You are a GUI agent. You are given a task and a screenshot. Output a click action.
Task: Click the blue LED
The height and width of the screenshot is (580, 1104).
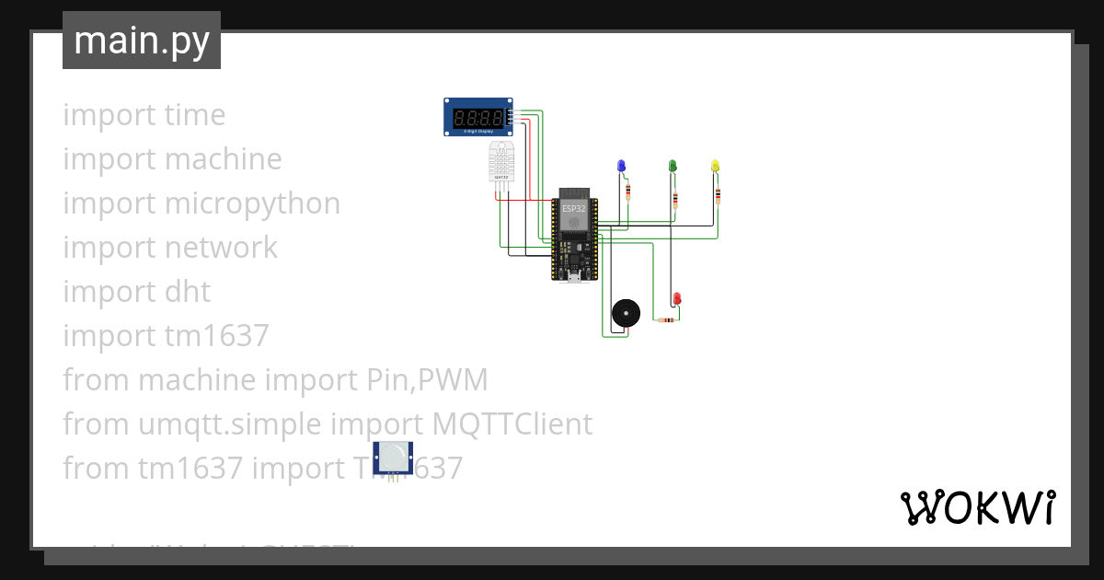[621, 166]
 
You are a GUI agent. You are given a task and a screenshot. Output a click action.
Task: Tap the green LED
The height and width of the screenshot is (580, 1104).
[673, 166]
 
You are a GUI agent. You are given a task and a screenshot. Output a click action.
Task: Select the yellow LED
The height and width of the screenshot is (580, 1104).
[716, 166]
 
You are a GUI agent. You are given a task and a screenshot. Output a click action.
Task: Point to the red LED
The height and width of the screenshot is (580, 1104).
[677, 299]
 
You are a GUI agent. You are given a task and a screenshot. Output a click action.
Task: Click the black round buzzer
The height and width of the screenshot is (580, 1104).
[626, 313]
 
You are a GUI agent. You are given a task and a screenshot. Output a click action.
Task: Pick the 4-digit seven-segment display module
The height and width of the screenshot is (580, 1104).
[478, 118]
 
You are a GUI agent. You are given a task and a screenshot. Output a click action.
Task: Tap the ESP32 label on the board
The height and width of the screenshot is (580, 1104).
[574, 209]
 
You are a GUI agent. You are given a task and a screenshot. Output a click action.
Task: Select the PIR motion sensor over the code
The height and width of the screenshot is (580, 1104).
[393, 458]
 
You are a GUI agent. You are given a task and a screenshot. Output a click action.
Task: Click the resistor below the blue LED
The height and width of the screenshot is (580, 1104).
[628, 192]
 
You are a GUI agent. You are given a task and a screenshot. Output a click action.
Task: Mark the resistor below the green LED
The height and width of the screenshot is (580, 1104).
[677, 199]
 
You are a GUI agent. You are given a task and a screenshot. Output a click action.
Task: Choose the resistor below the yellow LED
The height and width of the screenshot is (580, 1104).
[718, 193]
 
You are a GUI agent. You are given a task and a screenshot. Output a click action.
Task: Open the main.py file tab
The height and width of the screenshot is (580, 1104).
[142, 41]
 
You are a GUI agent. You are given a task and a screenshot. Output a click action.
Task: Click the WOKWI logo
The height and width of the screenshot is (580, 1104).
[977, 507]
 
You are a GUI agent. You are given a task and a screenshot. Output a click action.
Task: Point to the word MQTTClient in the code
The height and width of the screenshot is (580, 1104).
[512, 424]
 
